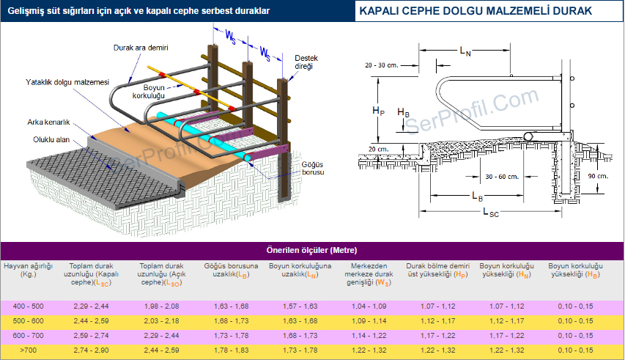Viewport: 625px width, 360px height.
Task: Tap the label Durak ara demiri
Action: pos(141,48)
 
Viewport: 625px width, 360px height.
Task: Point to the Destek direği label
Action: pos(303,62)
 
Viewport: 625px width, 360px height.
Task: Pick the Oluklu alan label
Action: pos(51,139)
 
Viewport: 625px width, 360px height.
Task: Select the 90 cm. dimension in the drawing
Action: pos(597,176)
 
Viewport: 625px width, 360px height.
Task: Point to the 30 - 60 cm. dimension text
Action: pos(503,176)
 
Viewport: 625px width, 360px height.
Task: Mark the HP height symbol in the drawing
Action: pos(378,111)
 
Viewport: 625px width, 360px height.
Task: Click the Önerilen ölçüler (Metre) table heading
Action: pos(312,250)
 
